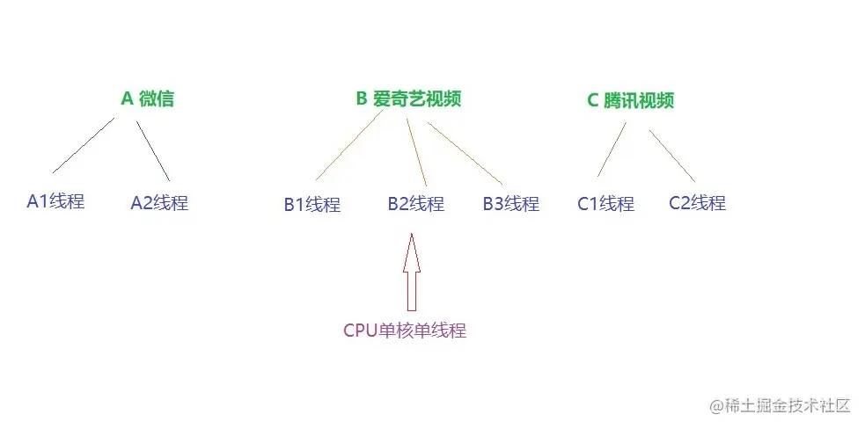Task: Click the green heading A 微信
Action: [148, 98]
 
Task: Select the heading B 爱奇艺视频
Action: [408, 98]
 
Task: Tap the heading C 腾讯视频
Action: [631, 100]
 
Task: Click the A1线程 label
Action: [55, 201]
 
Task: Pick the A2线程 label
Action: [159, 203]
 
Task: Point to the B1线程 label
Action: [312, 205]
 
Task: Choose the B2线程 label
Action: [415, 205]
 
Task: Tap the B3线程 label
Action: [510, 204]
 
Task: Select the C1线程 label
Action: [605, 204]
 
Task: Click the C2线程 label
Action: [697, 203]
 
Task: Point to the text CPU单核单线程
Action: [404, 331]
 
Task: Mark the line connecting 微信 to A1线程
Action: [84, 145]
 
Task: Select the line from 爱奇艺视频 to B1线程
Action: [348, 148]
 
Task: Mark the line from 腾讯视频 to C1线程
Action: [612, 149]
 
